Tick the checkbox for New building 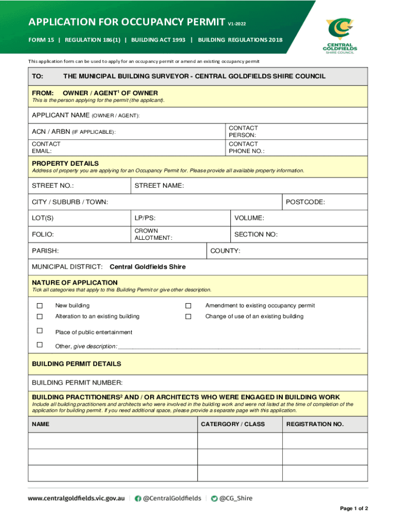coord(40,306)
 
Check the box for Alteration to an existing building coord(40,317)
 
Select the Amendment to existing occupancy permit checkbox coord(188,306)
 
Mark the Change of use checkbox coord(188,317)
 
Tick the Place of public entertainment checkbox coord(40,330)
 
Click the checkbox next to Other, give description coord(40,345)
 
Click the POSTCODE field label coord(305,202)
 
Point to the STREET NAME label coord(159,186)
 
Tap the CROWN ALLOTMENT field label coord(153,234)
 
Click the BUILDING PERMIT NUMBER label coord(77,382)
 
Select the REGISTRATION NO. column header coord(315,424)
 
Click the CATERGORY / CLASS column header coord(232,424)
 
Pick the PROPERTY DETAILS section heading coord(65,163)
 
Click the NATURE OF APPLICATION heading coord(75,283)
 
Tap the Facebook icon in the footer coord(138,498)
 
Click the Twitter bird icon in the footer coord(214,498)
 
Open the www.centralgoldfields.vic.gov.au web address coord(76,498)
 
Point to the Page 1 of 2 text coord(354,508)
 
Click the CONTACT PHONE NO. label coord(246,148)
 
